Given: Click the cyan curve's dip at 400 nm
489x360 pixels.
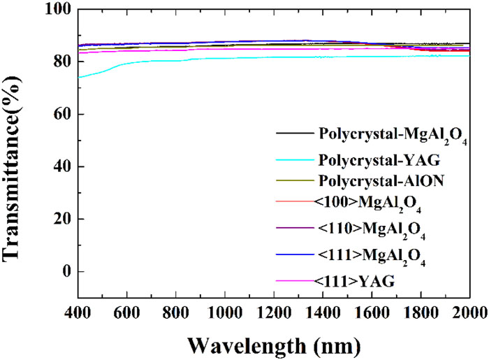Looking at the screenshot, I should [x=80, y=77].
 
